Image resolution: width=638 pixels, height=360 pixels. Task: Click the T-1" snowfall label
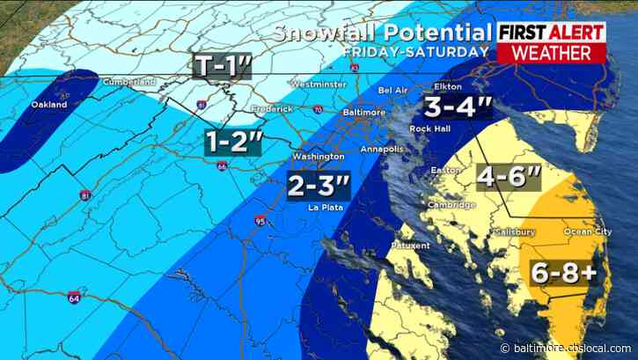(223, 66)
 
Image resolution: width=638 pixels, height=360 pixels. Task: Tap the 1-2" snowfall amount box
(234, 141)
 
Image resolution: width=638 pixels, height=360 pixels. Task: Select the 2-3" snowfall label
(318, 185)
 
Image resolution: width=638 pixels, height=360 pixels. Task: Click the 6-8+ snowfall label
(563, 272)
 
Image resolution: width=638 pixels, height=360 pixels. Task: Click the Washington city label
(318, 156)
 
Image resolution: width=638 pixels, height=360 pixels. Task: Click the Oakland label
(49, 104)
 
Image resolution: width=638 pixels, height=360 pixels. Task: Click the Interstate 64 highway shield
(74, 300)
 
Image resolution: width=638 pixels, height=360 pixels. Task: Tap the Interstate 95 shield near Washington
(260, 220)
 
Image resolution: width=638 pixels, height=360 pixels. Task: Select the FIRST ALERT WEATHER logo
(551, 42)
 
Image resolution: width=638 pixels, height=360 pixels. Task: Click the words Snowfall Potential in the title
(380, 33)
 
